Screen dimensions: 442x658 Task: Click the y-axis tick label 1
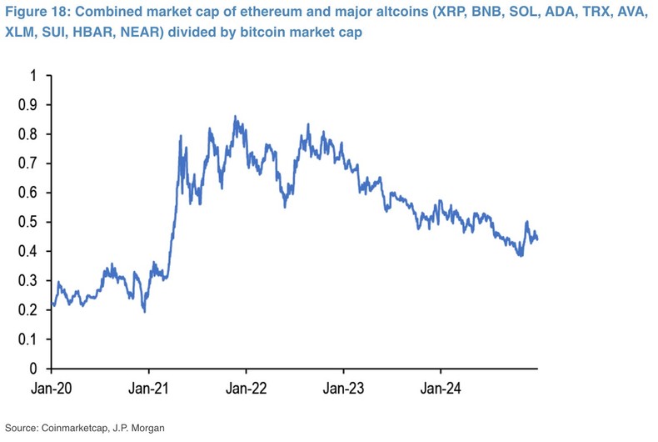coord(34,76)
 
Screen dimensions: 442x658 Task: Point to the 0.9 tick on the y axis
coord(29,105)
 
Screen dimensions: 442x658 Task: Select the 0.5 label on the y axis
coord(29,222)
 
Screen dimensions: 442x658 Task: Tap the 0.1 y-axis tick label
coord(29,339)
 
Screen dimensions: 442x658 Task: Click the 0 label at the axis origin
coord(34,369)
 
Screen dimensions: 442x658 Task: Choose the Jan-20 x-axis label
coord(52,388)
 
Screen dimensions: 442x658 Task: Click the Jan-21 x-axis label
coord(149,388)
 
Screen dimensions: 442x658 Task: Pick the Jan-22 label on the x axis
coord(247,388)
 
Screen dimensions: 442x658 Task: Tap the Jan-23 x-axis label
coord(343,388)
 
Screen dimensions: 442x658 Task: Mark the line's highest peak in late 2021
coord(235,117)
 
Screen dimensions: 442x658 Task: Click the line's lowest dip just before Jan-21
coord(145,311)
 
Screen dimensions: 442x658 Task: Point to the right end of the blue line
coord(537,239)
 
